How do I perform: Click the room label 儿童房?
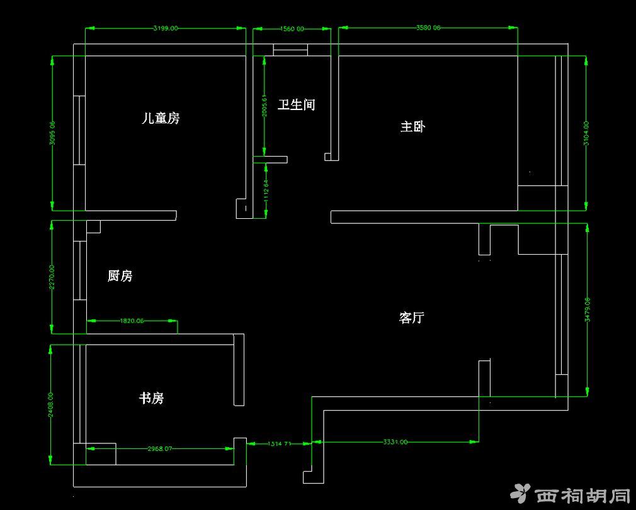(161, 118)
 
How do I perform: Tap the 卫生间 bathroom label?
(297, 104)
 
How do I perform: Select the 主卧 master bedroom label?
(413, 126)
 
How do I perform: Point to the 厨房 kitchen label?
(120, 275)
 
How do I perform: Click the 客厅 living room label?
(412, 318)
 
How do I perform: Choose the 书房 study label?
(152, 398)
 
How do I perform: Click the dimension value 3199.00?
(166, 28)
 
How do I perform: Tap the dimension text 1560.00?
(292, 28)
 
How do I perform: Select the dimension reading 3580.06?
(428, 28)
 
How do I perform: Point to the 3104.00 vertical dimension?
(586, 134)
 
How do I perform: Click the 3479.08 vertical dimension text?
(588, 309)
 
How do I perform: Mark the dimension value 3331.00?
(395, 442)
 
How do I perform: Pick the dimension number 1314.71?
(280, 444)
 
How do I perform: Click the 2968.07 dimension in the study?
(159, 449)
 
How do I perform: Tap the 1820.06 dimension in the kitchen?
(132, 321)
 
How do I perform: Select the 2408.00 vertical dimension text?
(51, 405)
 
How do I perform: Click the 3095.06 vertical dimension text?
(52, 133)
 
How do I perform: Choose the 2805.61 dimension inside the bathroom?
(264, 105)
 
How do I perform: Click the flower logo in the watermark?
(520, 494)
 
